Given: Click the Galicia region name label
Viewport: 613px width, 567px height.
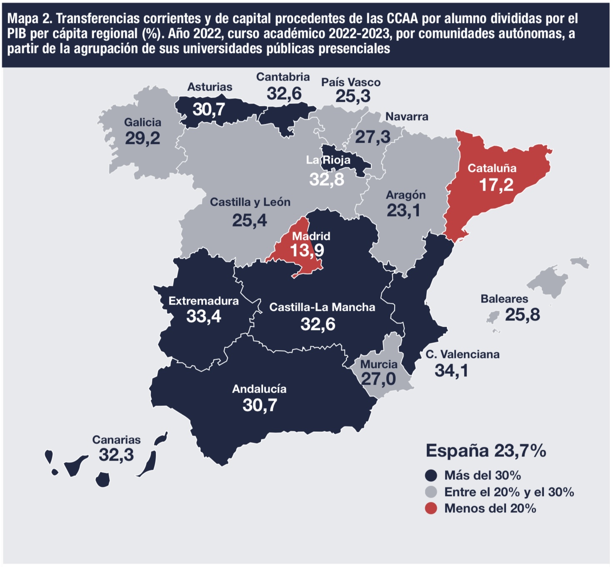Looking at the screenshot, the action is pos(143,123).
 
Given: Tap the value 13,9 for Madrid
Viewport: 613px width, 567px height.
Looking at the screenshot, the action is pos(307,250).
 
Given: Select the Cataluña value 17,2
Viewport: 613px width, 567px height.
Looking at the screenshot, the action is pos(496,184).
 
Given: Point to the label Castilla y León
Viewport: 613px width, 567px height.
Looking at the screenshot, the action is pos(250,202).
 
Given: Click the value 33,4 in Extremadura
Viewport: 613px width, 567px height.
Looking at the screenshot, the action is pos(204,316).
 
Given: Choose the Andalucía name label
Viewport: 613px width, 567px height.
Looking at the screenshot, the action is pos(259,389).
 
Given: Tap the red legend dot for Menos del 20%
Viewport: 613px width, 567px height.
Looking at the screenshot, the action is pos(431,508).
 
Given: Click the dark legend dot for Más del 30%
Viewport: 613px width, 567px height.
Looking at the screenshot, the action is pos(431,476).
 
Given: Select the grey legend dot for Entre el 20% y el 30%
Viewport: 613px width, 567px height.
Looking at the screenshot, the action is pos(431,492).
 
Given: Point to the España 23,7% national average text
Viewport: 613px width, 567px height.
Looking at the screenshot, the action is pos(486,451).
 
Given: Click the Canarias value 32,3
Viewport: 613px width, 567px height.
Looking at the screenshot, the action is pos(116,454).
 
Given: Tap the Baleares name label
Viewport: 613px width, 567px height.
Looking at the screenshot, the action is pos(504,299).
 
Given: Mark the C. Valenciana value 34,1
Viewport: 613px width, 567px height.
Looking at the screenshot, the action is pos(451,370).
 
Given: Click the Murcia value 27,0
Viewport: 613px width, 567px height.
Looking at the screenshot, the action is pos(378,379).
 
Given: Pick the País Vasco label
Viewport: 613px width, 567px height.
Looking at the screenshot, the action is pos(351,83).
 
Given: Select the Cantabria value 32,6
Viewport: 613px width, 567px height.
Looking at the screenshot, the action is pos(284,93).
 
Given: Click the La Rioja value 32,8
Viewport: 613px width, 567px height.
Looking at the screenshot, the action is pos(327,179).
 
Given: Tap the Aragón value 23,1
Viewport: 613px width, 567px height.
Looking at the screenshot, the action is pos(403,211).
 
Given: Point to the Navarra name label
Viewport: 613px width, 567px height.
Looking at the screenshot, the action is pos(407,116).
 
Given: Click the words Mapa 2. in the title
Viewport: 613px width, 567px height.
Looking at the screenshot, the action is pos(30,19).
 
